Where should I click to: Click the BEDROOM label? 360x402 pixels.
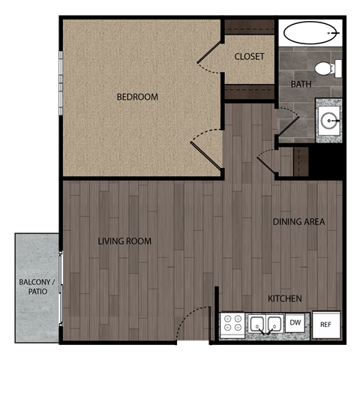pyautogui.click(x=137, y=97)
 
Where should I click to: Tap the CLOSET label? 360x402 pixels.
pyautogui.click(x=249, y=57)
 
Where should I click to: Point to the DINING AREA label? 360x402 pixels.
pyautogui.click(x=298, y=222)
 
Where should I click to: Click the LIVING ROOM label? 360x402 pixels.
pyautogui.click(x=124, y=241)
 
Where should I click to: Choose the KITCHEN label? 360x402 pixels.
pyautogui.click(x=285, y=299)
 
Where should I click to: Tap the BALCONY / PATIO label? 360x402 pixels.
pyautogui.click(x=37, y=287)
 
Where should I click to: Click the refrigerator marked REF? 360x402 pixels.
pyautogui.click(x=325, y=325)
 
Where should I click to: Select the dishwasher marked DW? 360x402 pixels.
pyautogui.click(x=295, y=323)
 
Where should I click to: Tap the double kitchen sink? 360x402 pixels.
pyautogui.click(x=265, y=325)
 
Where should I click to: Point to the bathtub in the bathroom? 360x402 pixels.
pyautogui.click(x=310, y=34)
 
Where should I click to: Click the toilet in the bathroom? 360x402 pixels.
pyautogui.click(x=325, y=69)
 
